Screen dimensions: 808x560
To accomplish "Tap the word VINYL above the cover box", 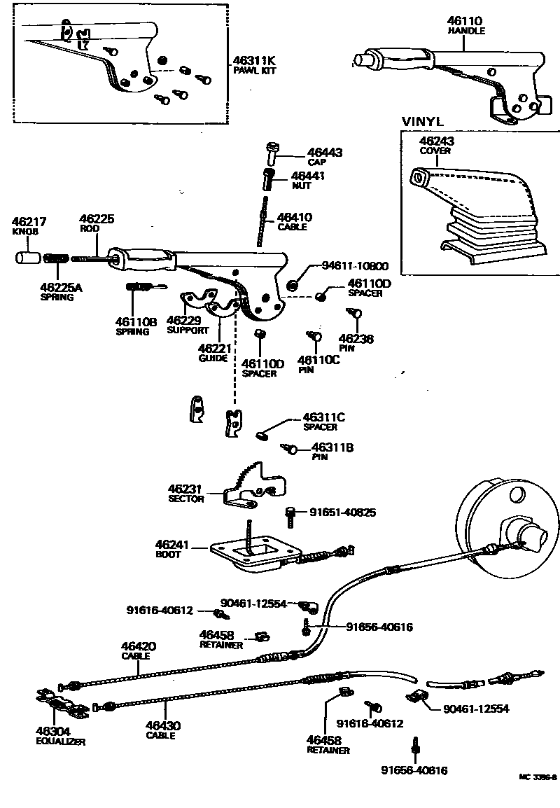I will (423, 121).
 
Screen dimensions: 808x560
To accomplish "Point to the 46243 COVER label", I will (437, 145).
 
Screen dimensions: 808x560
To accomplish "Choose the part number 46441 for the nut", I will (308, 176).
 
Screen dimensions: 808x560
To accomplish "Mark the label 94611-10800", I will (355, 266).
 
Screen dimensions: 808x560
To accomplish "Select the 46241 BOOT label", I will (168, 548).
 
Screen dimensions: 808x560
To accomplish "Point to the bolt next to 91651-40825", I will (289, 515).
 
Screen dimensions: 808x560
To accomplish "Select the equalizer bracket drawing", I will (61, 705).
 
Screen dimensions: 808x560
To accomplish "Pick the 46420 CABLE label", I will (139, 650).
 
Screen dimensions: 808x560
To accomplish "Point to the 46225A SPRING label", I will (61, 291).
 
